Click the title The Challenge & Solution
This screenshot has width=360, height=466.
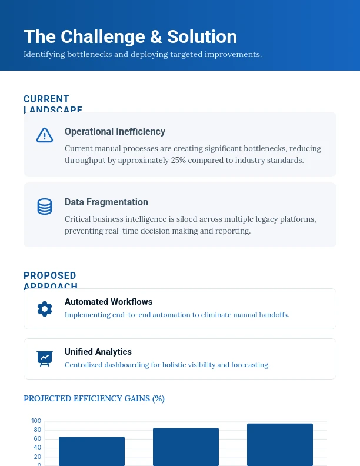click(x=130, y=36)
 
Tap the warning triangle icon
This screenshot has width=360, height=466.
click(x=45, y=135)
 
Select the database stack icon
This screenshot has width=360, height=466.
click(x=45, y=207)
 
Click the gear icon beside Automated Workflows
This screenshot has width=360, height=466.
click(x=45, y=309)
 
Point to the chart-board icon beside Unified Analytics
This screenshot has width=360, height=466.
click(x=45, y=358)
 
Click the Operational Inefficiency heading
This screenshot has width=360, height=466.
click(x=115, y=131)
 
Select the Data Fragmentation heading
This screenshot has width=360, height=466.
click(x=106, y=202)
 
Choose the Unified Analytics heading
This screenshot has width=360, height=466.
click(x=98, y=352)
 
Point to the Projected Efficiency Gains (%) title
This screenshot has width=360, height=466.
click(x=94, y=398)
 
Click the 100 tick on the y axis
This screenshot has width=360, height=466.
click(x=36, y=421)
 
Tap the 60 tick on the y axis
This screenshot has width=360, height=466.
click(x=38, y=438)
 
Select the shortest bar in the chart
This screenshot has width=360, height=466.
click(x=92, y=451)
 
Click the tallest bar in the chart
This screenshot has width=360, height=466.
click(x=280, y=445)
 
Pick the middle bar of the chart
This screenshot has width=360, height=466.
click(x=186, y=447)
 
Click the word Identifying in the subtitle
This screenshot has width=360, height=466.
click(x=42, y=54)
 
